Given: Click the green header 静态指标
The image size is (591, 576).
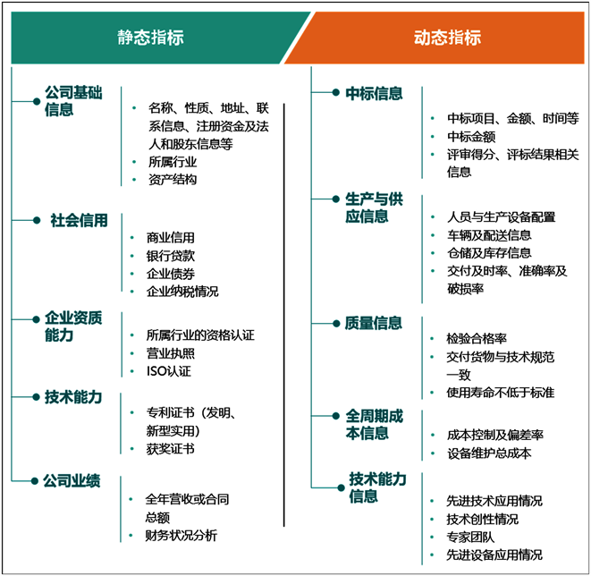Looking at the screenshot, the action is [151, 38].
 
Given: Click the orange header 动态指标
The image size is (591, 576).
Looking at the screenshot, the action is [447, 38].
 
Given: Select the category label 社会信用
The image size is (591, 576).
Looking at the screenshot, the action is [79, 220].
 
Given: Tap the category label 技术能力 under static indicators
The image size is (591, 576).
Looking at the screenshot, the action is [73, 397].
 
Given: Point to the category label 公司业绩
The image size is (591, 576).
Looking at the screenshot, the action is [72, 481].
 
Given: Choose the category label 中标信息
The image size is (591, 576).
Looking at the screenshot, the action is [374, 92].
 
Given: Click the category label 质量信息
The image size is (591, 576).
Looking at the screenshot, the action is [374, 323].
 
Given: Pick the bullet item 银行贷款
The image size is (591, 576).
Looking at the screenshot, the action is [171, 256].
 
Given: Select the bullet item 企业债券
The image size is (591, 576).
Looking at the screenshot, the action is [171, 274].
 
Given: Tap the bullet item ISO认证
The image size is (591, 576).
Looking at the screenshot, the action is [169, 371].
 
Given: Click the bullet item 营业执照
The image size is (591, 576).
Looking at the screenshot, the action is [171, 353].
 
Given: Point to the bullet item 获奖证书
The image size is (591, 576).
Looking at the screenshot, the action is [171, 448].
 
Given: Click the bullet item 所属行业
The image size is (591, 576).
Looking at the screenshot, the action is [173, 162].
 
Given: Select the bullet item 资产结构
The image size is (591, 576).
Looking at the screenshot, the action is [173, 180].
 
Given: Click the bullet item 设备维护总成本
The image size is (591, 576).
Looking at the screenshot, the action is [489, 453].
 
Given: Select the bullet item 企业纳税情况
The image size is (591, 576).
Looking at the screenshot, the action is [182, 292].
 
